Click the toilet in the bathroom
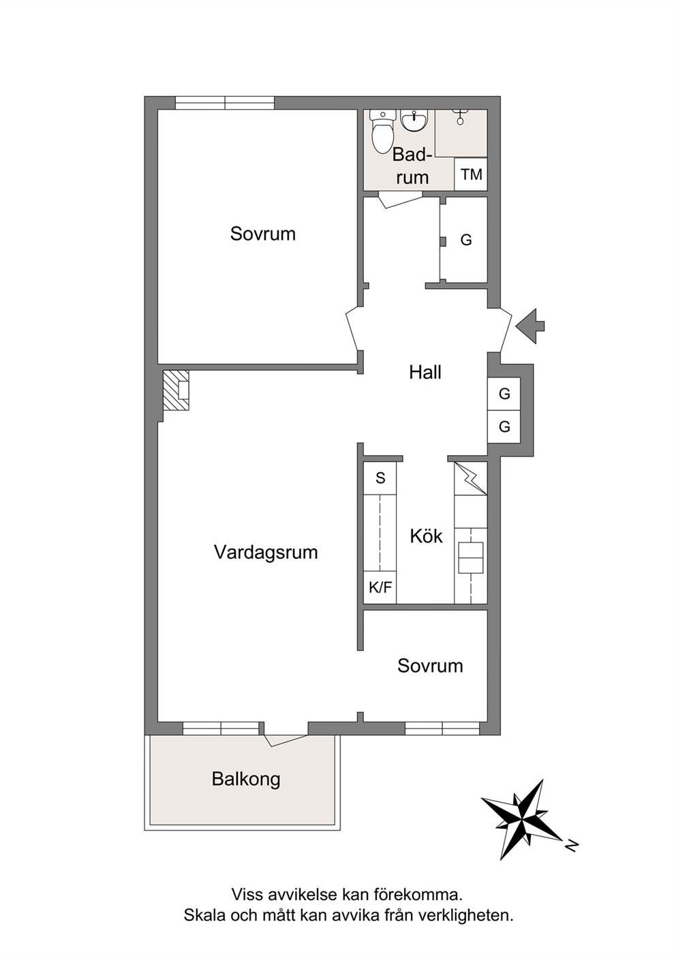tap(382, 131)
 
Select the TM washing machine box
tap(471, 174)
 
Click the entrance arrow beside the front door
tap(530, 326)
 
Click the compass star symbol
tap(523, 820)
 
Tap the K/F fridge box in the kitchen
tap(380, 587)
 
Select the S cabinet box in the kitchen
tap(380, 478)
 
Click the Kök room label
tap(426, 536)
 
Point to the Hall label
tap(425, 372)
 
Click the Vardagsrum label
tap(266, 552)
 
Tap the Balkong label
tap(246, 780)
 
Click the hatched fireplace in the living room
tap(176, 390)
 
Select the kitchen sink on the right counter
tap(471, 558)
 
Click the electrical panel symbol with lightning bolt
tap(471, 478)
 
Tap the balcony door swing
tap(286, 740)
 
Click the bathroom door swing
tap(400, 200)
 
